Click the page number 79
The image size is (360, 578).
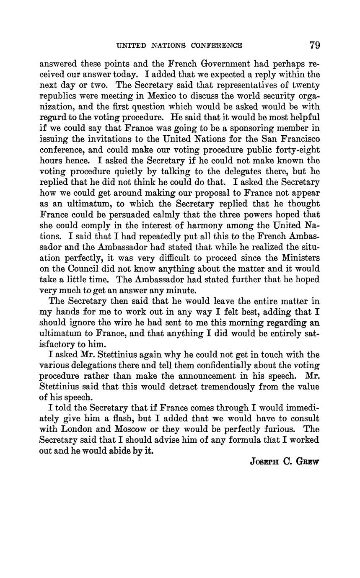315,45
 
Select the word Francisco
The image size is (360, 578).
299,139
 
